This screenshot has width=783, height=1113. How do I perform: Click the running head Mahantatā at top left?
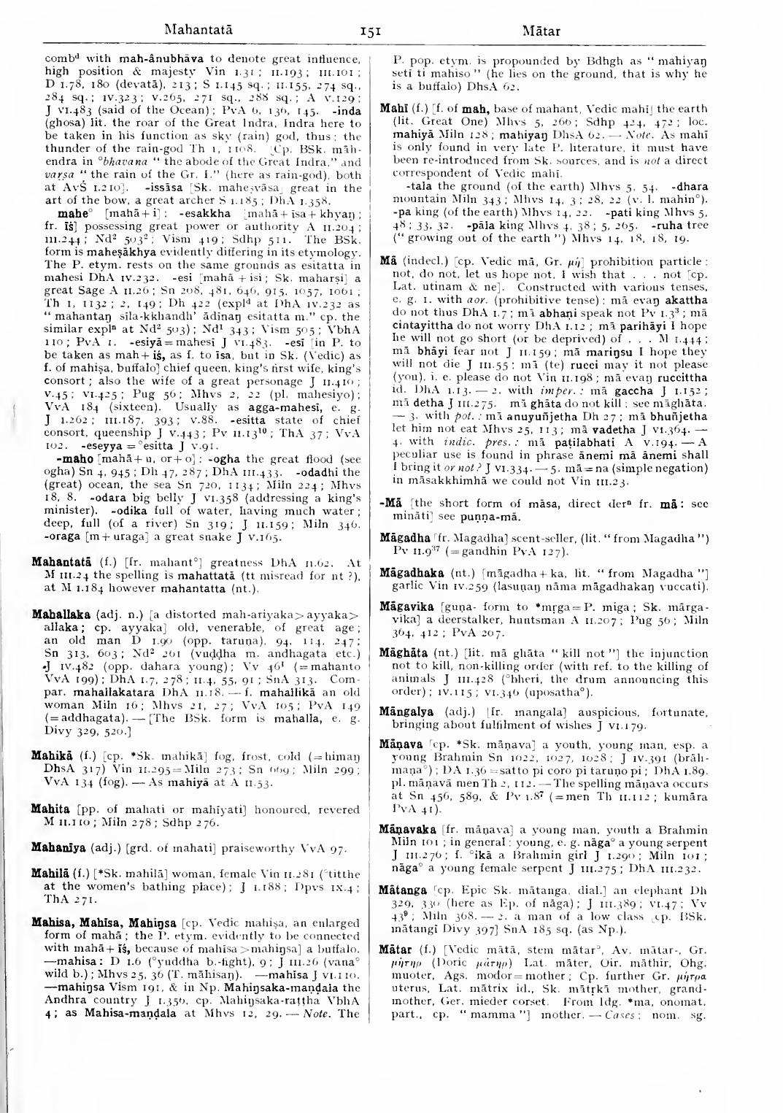pyautogui.click(x=198, y=31)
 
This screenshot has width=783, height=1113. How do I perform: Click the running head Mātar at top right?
pyautogui.click(x=541, y=31)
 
